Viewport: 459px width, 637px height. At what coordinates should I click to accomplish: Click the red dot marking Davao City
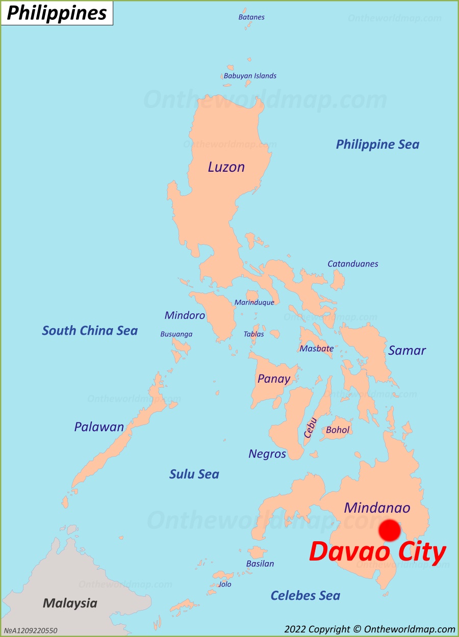(x=390, y=530)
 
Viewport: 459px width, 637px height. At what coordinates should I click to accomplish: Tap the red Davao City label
(x=377, y=552)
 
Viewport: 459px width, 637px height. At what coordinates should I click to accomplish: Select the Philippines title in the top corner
(x=57, y=13)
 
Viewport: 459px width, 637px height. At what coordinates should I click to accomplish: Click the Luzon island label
(x=226, y=167)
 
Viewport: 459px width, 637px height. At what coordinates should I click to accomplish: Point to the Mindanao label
(x=377, y=508)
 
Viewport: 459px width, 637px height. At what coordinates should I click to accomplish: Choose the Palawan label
(x=99, y=427)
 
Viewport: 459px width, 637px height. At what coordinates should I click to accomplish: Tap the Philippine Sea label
(x=377, y=144)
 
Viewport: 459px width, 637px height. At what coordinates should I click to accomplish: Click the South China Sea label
(x=90, y=331)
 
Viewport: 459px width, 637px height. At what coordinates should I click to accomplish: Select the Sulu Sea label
(x=194, y=474)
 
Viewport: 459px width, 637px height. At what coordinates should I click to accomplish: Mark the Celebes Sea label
(x=305, y=595)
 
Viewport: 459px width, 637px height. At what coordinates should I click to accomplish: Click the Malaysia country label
(x=70, y=603)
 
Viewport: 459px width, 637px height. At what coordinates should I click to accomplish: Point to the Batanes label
(x=251, y=17)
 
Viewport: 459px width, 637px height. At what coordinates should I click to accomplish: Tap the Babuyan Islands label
(x=250, y=76)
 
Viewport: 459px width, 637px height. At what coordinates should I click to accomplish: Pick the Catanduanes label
(x=352, y=264)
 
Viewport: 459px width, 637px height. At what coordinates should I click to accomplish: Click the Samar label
(x=406, y=351)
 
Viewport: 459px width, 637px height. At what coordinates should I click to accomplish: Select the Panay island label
(x=273, y=379)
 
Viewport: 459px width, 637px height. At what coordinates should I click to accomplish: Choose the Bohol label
(x=338, y=430)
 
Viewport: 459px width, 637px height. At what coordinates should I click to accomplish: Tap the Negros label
(x=267, y=454)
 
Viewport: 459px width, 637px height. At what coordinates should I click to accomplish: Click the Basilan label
(x=260, y=564)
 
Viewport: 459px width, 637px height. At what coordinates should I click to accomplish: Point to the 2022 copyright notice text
(x=369, y=629)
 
